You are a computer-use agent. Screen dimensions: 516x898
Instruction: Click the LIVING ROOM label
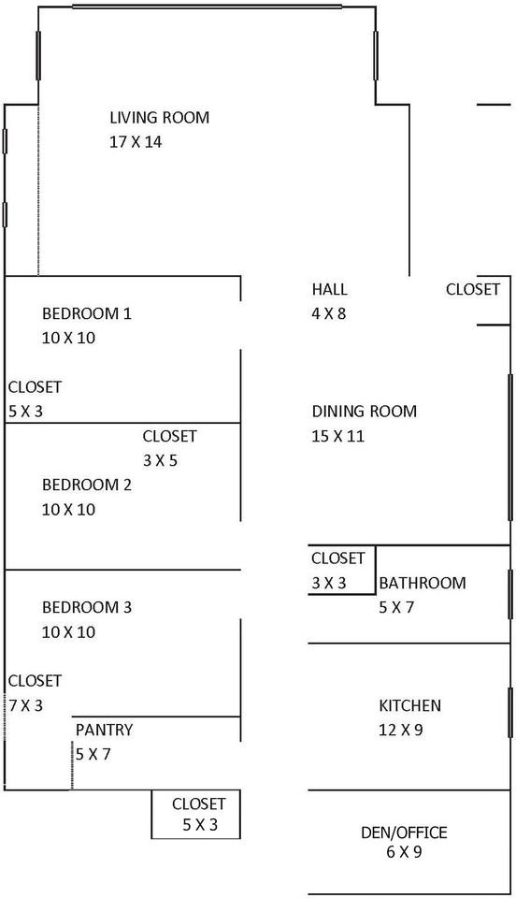click(x=160, y=118)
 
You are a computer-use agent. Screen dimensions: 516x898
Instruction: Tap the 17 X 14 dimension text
click(x=136, y=142)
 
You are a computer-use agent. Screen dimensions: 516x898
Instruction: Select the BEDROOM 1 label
click(x=87, y=314)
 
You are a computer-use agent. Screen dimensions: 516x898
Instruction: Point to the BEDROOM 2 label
click(x=87, y=485)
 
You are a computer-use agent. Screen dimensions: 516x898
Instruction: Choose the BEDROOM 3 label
click(x=87, y=607)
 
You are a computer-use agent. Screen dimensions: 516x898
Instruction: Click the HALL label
click(x=329, y=289)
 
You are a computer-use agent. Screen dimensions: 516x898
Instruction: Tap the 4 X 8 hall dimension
click(x=329, y=314)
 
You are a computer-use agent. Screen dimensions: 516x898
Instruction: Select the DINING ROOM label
click(x=365, y=412)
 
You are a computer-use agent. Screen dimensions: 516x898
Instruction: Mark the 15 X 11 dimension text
click(x=338, y=437)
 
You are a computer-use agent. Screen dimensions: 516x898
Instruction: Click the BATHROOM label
click(x=423, y=583)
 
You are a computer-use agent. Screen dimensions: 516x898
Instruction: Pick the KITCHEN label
click(x=410, y=705)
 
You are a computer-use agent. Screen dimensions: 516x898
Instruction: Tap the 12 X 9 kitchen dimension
click(x=401, y=731)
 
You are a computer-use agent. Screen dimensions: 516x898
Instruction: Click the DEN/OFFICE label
click(x=404, y=833)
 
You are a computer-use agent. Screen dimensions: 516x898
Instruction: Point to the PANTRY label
click(x=104, y=730)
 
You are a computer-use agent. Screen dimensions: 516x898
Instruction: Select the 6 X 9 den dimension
click(x=404, y=852)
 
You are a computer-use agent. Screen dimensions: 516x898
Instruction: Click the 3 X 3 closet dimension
click(x=329, y=583)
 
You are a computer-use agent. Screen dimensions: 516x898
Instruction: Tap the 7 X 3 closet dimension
click(x=26, y=705)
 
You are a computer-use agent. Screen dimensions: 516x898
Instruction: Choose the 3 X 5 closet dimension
click(x=160, y=460)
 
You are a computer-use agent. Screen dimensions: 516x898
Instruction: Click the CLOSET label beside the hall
click(x=473, y=289)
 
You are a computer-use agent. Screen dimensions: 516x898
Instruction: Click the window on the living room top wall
click(x=208, y=7)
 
